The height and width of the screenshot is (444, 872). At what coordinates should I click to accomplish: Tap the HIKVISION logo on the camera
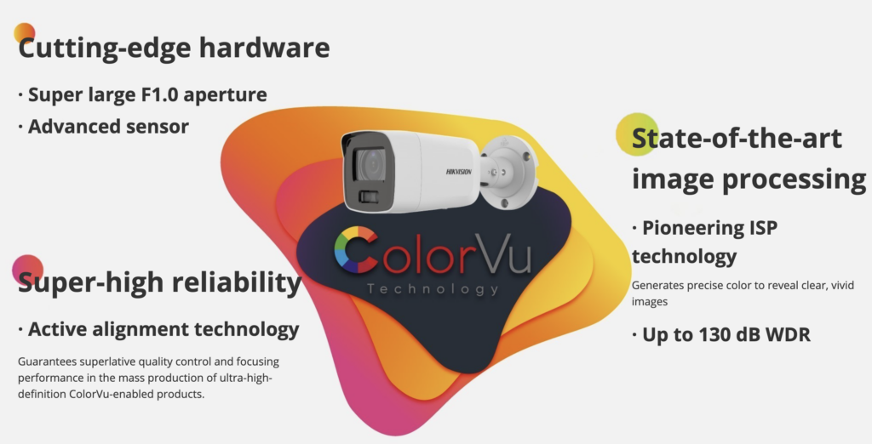pyautogui.click(x=459, y=172)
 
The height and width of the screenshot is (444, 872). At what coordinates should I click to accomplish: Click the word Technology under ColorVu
pyautogui.click(x=433, y=289)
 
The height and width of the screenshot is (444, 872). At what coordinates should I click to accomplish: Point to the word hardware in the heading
pyautogui.click(x=264, y=48)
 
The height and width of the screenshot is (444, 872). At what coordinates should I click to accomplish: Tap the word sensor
pyautogui.click(x=158, y=127)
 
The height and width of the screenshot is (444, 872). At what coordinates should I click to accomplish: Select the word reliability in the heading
pyautogui.click(x=237, y=282)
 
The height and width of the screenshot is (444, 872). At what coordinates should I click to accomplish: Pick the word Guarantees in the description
pyautogui.click(x=48, y=361)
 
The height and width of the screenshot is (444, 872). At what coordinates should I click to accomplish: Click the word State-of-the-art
pyautogui.click(x=737, y=138)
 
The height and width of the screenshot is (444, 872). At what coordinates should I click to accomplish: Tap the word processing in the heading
pyautogui.click(x=794, y=179)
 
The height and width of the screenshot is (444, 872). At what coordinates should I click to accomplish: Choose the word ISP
pyautogui.click(x=764, y=228)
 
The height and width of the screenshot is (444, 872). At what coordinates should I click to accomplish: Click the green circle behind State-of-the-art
pyautogui.click(x=637, y=134)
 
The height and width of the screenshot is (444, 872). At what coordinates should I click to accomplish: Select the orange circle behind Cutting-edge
pyautogui.click(x=25, y=33)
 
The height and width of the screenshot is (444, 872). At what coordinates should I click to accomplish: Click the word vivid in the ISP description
pyautogui.click(x=843, y=286)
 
